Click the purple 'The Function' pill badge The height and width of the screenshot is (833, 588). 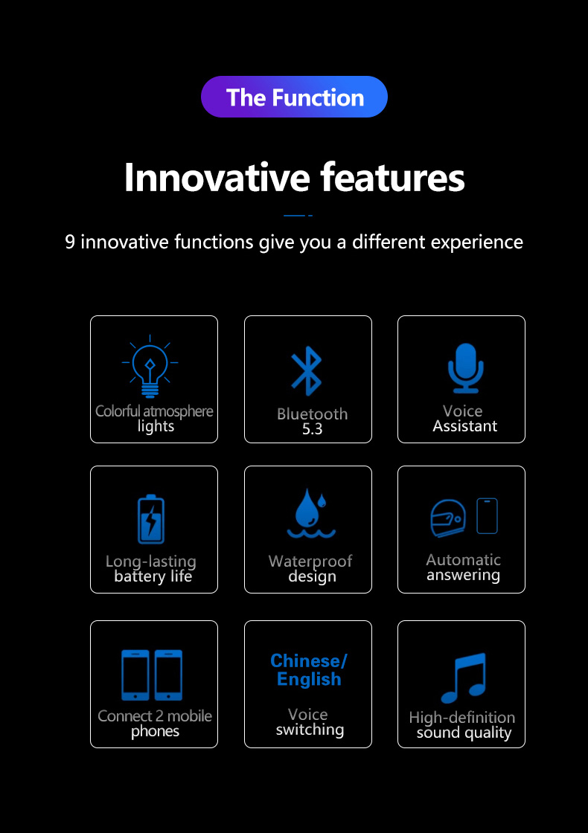[294, 97]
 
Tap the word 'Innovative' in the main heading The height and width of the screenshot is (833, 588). [217, 178]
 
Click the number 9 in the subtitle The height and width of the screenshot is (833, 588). [70, 242]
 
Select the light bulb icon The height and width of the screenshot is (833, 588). [150, 367]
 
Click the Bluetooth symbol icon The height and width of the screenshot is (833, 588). [306, 371]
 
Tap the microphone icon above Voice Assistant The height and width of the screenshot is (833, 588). [465, 368]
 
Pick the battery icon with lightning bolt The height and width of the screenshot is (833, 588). [151, 519]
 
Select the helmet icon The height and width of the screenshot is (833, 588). [447, 518]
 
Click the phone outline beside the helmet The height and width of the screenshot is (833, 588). [487, 516]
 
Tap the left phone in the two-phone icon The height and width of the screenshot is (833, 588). [135, 675]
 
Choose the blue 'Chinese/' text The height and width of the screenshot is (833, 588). [308, 660]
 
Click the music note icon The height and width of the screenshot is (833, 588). [464, 678]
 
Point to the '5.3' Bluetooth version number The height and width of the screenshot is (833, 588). [312, 428]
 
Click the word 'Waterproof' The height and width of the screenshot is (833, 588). [310, 561]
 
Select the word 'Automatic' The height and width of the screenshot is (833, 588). [463, 559]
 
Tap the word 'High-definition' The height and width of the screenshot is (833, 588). [462, 717]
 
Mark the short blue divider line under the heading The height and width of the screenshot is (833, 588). [298, 215]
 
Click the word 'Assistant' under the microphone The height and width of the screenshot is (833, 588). [464, 426]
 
